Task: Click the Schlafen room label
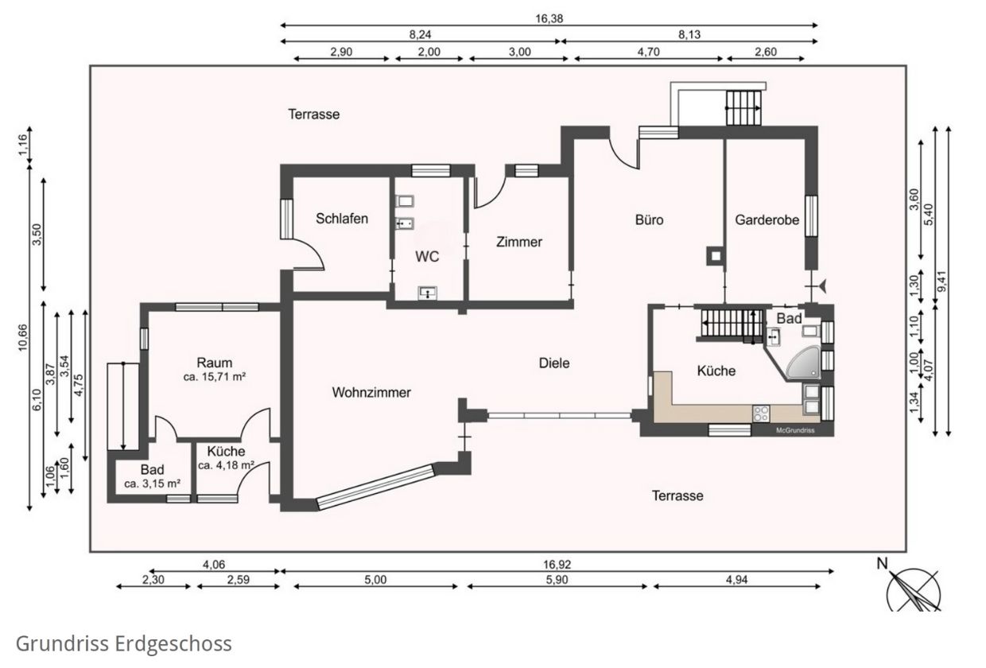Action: point(342,219)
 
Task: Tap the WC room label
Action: point(427,256)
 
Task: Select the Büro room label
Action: point(650,219)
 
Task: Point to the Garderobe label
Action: point(767,219)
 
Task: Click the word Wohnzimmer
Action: point(371,392)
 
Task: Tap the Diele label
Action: point(554,363)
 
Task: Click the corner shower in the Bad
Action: point(805,363)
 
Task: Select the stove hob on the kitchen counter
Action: point(761,414)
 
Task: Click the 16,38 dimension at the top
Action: point(549,18)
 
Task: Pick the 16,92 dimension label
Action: point(557,564)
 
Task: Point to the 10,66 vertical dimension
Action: point(23,338)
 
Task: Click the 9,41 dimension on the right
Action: point(942,281)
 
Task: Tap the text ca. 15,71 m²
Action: point(215,377)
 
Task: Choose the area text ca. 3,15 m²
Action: point(153,484)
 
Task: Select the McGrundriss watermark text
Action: point(795,430)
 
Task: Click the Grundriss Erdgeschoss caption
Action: point(124,643)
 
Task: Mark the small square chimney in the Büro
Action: point(716,256)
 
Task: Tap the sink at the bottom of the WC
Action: point(428,293)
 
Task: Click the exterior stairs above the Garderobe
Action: point(743,108)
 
